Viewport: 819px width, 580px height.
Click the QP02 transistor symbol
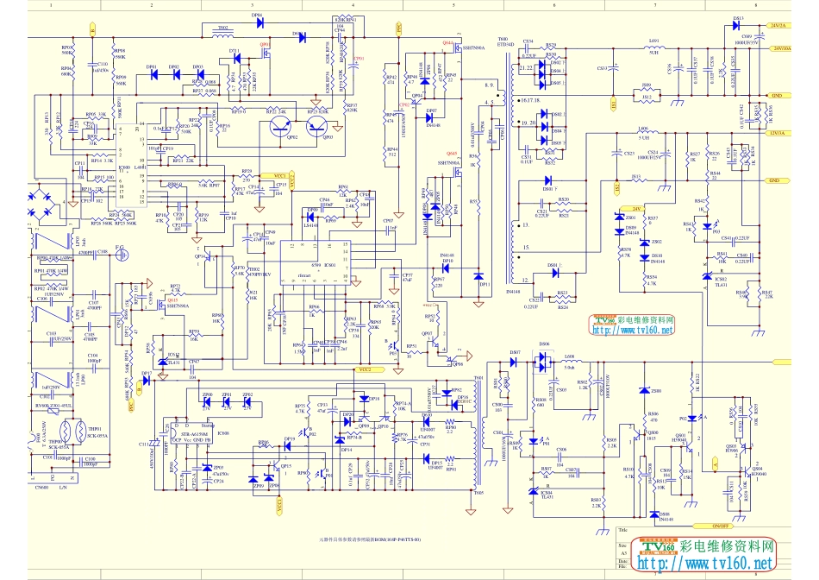[x=280, y=128]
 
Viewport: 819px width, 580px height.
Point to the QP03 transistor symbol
[x=316, y=128]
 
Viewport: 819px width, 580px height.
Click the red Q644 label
[x=447, y=42]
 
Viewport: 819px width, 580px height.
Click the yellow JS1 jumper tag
[x=615, y=105]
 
